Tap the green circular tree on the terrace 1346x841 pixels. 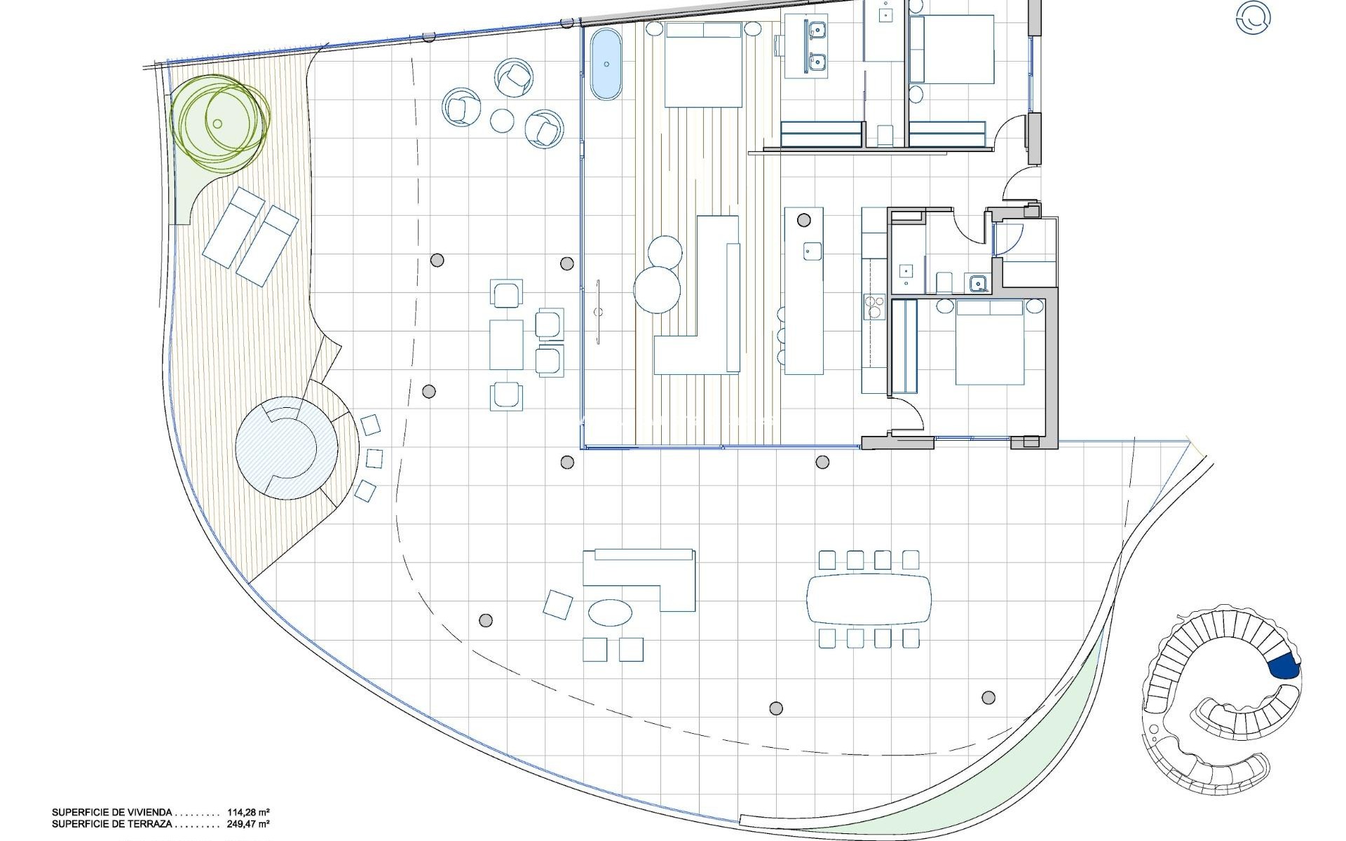pos(219,123)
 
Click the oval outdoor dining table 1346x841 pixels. pos(869,599)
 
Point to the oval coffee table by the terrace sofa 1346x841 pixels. pos(610,612)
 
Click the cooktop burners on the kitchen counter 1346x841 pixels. pos(874,308)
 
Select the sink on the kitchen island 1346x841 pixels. pos(813,250)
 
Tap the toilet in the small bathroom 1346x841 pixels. pos(944,282)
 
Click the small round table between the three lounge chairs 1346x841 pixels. pos(503,121)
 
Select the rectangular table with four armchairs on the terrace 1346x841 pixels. pos(506,344)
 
